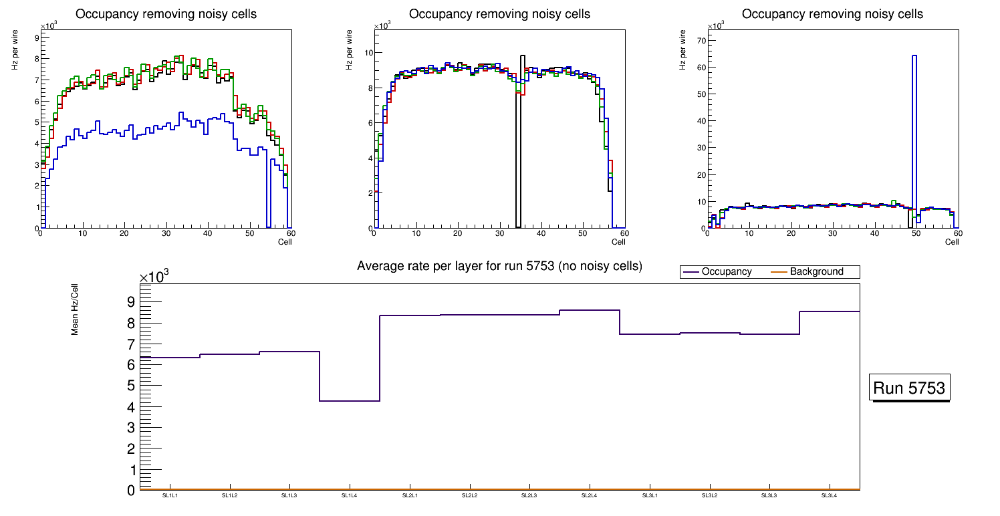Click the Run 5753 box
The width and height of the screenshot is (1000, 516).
click(x=910, y=388)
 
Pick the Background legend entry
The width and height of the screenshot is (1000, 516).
click(x=816, y=272)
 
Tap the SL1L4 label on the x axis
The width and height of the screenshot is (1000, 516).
click(x=350, y=496)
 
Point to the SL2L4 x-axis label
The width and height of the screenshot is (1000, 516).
click(x=590, y=496)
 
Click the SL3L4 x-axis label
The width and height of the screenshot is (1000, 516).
click(x=830, y=496)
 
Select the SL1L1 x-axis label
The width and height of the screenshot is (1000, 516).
click(x=170, y=496)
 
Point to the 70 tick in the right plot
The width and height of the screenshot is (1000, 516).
click(x=701, y=41)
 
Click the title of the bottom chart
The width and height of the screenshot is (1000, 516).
click(x=499, y=266)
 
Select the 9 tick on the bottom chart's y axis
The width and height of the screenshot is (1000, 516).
click(x=130, y=301)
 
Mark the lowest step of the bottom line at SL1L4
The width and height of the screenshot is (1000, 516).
click(x=350, y=401)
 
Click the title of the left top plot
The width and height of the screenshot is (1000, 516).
click(x=166, y=14)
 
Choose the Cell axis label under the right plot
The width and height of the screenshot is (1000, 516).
click(x=952, y=241)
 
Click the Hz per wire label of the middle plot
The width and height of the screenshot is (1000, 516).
click(x=349, y=51)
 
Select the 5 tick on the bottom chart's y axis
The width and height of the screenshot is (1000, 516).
click(x=130, y=386)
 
